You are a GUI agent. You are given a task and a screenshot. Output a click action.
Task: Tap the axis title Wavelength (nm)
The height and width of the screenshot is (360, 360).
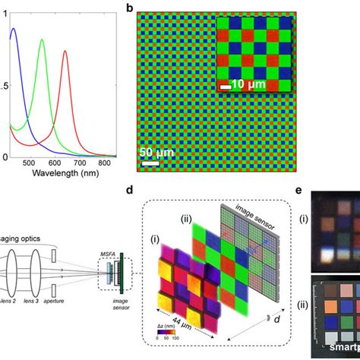pos(65,173)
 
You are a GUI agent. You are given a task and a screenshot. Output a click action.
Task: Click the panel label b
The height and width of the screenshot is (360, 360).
pos(130,8)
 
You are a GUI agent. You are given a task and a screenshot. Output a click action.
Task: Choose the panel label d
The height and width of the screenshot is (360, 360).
pos(131,190)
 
